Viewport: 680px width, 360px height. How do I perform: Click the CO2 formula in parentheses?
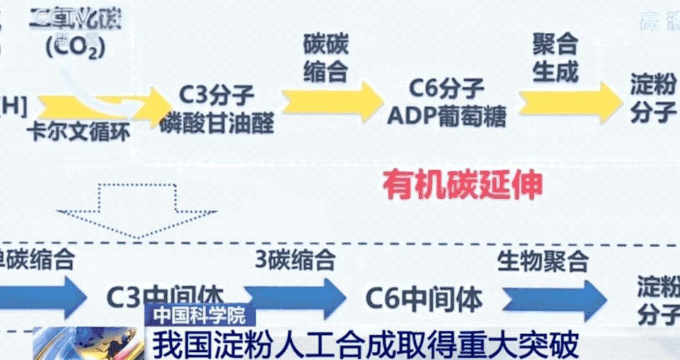74,47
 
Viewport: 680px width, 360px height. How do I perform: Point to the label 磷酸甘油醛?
217,123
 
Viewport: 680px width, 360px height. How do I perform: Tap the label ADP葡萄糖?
446,117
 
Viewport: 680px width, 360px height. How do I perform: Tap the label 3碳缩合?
294,259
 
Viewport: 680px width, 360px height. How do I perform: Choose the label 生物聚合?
543,260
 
